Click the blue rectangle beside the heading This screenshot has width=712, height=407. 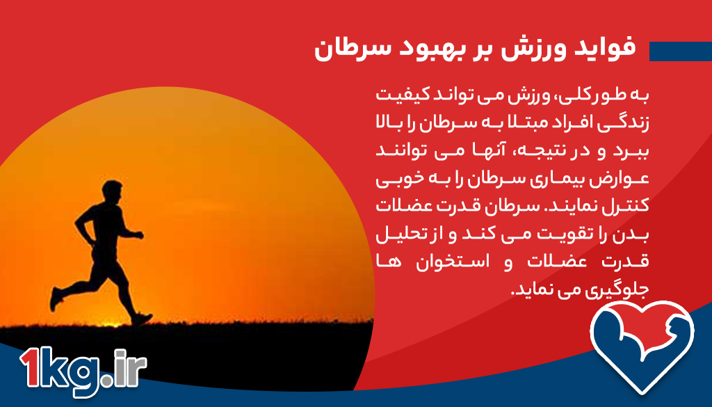(680, 51)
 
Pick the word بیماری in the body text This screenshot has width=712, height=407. (563, 179)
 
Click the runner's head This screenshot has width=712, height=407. (112, 191)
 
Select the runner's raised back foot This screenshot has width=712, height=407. (56, 299)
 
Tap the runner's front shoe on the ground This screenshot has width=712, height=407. (142, 319)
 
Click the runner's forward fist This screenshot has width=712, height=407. (139, 235)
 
